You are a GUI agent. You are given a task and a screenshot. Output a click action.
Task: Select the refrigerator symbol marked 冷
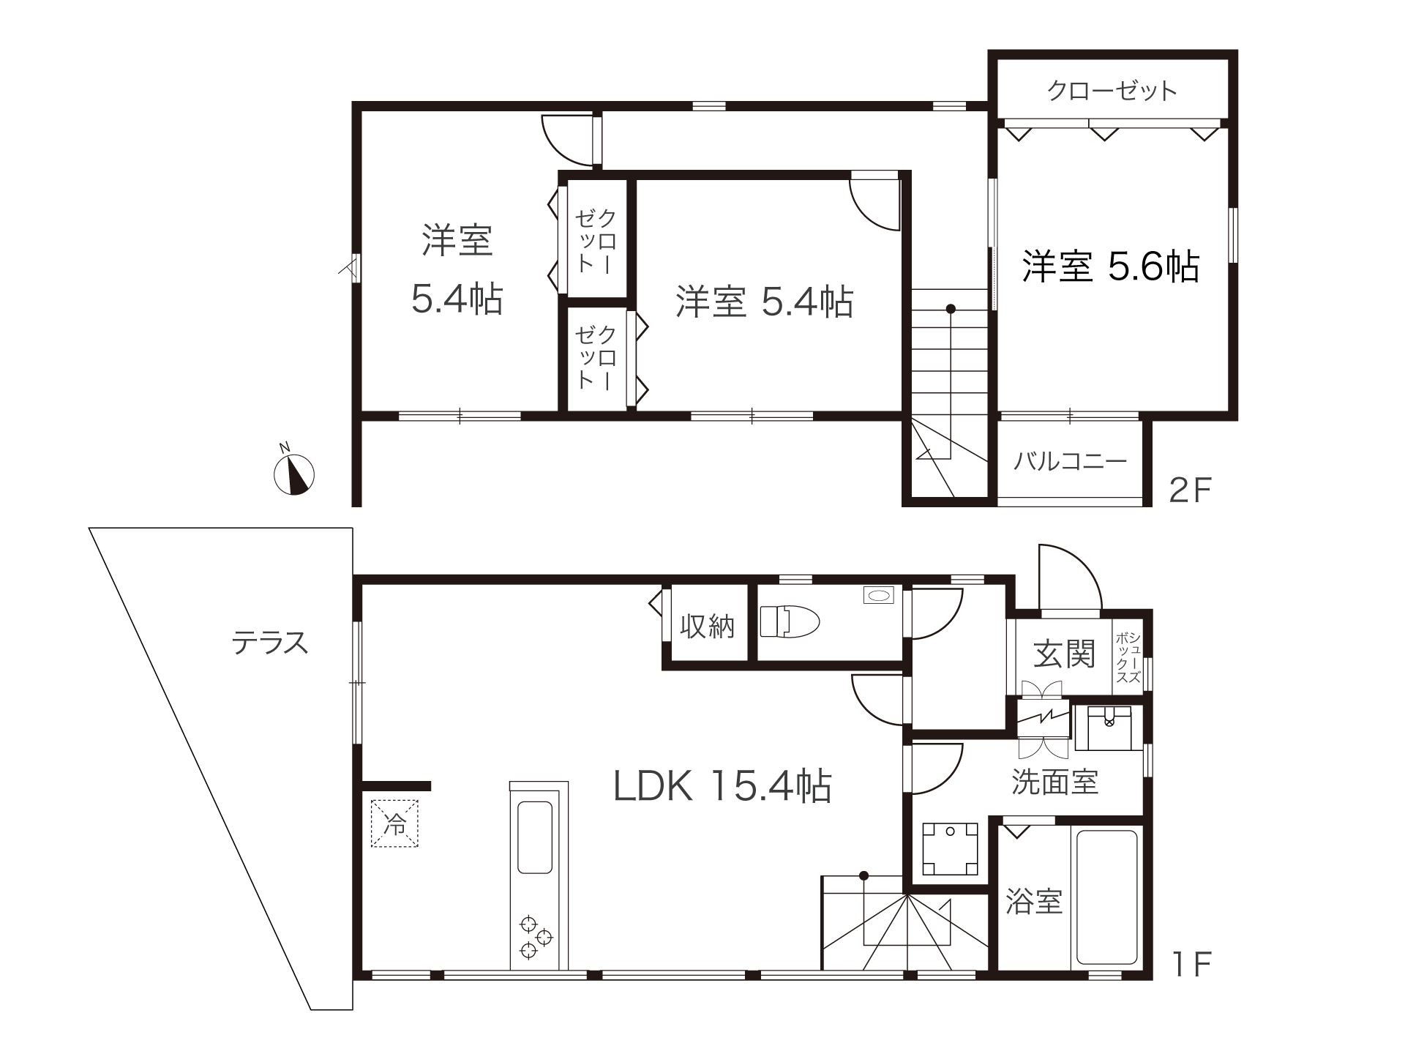pos(395,824)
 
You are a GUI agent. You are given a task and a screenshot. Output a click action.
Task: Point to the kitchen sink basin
pos(535,837)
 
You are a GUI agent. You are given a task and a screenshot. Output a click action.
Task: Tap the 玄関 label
pos(1064,654)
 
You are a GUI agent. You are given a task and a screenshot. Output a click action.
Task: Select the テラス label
pos(270,643)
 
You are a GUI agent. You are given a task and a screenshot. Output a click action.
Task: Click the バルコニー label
pos(1070,461)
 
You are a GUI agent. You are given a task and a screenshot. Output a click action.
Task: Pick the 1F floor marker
pos(1192,965)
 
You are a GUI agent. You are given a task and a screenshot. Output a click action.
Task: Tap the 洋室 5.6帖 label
pos(1111,266)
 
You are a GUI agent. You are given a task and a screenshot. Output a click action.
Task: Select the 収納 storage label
pos(707,626)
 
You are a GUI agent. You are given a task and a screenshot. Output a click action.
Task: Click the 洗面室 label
pos(1055,782)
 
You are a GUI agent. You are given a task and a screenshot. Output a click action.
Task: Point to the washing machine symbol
pos(950,849)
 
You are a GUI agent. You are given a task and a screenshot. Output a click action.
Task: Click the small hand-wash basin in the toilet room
pos(877,596)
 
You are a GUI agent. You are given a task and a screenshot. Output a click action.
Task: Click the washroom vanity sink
pos(1109,728)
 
